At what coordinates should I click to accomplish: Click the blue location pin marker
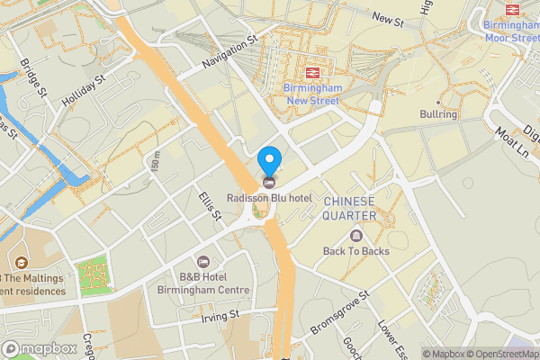click(269, 162)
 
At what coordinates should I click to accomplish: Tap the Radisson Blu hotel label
click(269, 198)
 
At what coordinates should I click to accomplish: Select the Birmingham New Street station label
click(311, 94)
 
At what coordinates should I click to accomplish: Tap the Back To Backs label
click(356, 251)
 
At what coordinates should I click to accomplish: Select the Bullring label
click(439, 114)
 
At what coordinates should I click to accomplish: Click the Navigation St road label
click(229, 50)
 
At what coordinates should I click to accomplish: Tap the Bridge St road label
click(33, 80)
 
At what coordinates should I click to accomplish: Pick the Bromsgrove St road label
click(339, 310)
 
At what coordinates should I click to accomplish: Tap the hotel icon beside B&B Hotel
click(202, 262)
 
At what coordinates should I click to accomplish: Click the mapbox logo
click(40, 348)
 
